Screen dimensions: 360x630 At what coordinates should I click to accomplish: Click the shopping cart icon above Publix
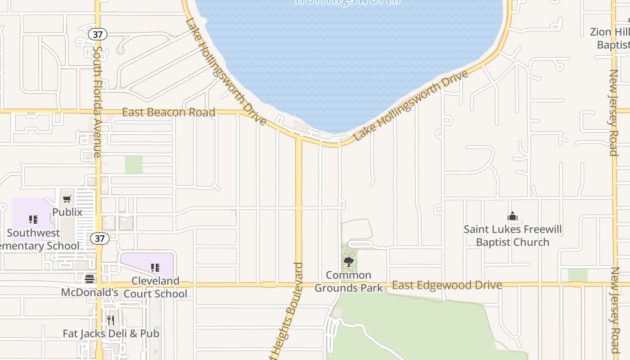67,199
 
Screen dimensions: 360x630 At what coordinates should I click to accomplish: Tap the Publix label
67,212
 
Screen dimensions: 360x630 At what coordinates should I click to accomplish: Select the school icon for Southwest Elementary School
33,220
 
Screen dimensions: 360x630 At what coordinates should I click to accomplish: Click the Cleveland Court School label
155,287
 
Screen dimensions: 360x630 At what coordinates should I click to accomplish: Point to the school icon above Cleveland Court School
155,268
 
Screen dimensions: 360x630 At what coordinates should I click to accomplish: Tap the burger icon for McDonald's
90,279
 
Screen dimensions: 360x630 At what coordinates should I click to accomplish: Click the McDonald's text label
90,292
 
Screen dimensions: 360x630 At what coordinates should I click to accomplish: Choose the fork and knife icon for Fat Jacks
111,320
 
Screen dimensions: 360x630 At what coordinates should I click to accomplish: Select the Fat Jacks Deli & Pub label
111,333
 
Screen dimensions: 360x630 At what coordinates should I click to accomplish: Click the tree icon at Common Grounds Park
348,262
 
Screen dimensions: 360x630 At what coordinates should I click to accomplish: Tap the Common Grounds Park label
349,281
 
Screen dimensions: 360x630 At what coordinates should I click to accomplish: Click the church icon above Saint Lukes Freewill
513,216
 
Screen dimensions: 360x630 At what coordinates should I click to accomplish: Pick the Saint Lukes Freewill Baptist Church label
513,236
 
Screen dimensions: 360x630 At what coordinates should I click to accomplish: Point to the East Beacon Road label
169,112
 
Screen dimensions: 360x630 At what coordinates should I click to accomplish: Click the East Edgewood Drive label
447,285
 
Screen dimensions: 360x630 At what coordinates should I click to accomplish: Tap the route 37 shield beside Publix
99,238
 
